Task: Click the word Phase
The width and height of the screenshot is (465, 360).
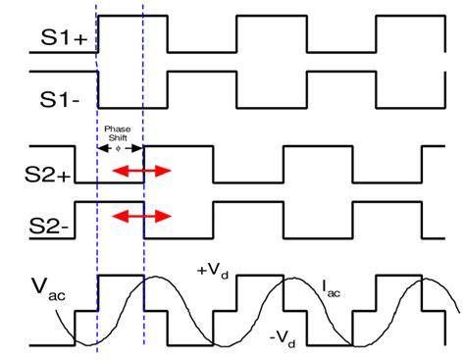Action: pyautogui.click(x=120, y=129)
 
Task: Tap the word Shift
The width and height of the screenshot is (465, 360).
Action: pyautogui.click(x=120, y=138)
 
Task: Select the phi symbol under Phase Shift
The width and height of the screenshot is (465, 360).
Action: pyautogui.click(x=120, y=149)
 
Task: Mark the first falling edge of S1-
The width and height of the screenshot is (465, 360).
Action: pyautogui.click(x=99, y=89)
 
